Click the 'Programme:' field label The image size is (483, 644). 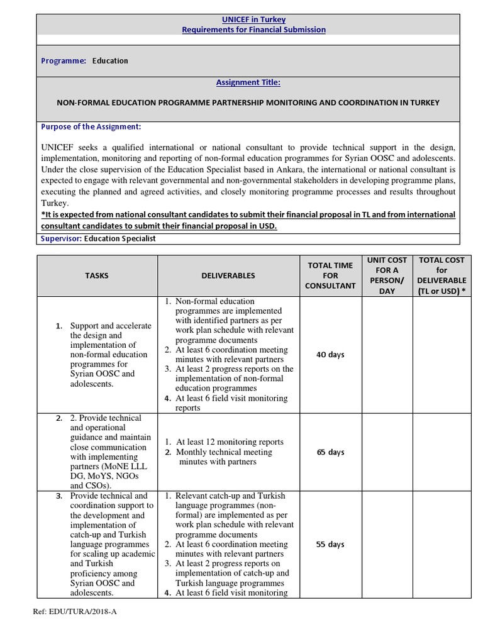tap(64, 61)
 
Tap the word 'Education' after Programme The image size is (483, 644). tap(110, 61)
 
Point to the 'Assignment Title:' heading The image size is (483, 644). tap(248, 82)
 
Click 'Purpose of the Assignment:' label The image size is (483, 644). tap(91, 126)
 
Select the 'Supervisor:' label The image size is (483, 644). tap(62, 238)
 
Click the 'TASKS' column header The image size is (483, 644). tap(97, 275)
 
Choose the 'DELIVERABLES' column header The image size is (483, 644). tap(228, 275)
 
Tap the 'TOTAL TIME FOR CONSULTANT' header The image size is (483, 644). tap(330, 275)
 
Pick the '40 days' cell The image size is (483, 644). tap(330, 355)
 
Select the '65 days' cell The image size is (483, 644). tap(330, 452)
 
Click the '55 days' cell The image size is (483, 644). tap(330, 544)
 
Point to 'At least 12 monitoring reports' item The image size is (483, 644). tap(230, 442)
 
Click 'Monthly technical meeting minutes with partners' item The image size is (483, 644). tap(225, 457)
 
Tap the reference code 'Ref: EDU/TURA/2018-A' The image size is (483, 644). tap(75, 611)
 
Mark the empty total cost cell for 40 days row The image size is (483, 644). tap(441, 355)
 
